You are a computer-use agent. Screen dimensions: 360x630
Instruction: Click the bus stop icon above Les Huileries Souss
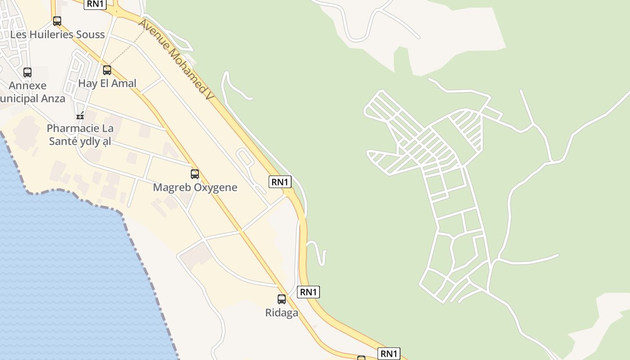tap(57, 21)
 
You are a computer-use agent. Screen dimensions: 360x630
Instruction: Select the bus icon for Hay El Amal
tap(107, 70)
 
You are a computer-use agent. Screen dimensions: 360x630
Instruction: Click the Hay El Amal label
tap(107, 83)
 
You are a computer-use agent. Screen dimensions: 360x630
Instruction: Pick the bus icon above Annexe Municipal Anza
tap(27, 72)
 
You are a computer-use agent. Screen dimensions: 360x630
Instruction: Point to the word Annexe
tap(28, 85)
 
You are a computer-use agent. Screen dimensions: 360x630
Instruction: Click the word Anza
tap(54, 99)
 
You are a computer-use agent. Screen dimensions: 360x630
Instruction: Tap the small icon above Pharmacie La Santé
tap(80, 115)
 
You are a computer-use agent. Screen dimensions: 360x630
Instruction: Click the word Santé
tap(63, 141)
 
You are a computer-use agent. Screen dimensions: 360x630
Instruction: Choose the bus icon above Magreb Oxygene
tap(195, 174)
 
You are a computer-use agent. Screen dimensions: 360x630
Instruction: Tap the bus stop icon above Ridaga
tap(282, 299)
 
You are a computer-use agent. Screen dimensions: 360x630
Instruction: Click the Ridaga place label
tap(282, 312)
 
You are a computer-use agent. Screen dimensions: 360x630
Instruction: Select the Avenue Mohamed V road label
tap(175, 59)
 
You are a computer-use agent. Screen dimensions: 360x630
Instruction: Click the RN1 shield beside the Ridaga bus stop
tap(308, 292)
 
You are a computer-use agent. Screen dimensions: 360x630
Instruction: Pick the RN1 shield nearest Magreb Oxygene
tap(280, 182)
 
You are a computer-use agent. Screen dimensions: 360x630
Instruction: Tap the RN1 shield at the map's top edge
tap(95, 4)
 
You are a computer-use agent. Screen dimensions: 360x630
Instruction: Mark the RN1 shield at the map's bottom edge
tap(389, 354)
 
